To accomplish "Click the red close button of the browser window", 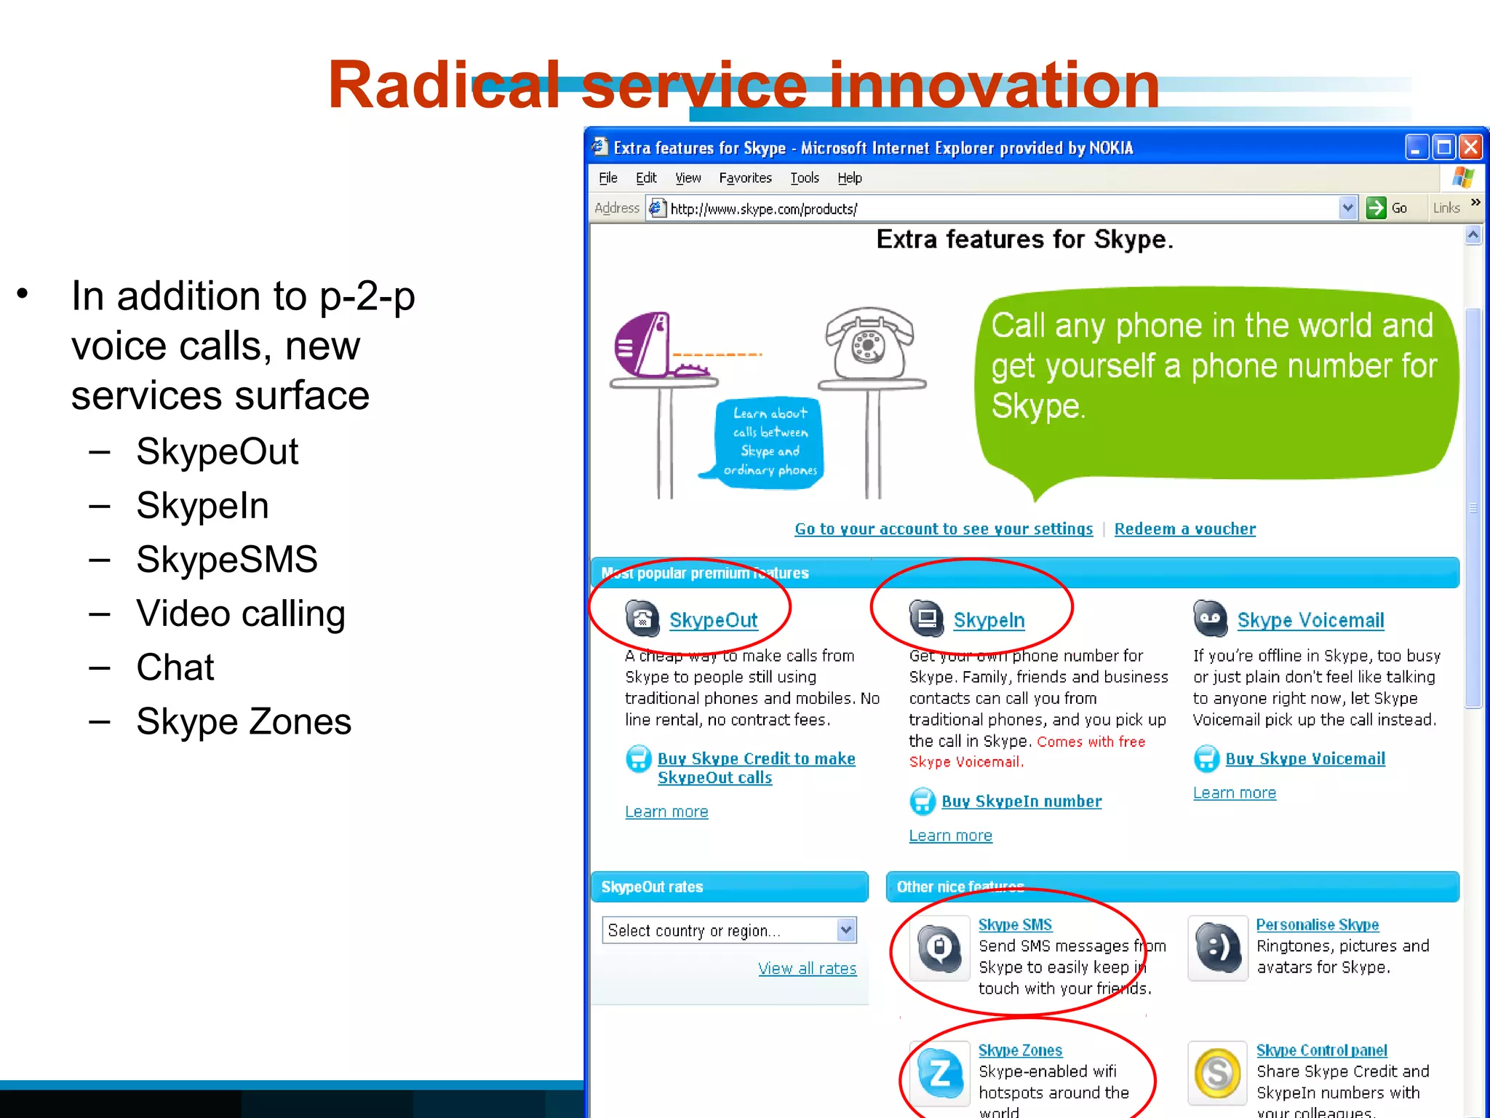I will (x=1470, y=148).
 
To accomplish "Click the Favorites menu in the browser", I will (x=745, y=178).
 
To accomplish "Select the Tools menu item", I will (x=805, y=178).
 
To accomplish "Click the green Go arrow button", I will (x=1376, y=208).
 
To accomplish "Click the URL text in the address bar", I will (x=763, y=210).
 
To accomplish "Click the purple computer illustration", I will (x=644, y=346).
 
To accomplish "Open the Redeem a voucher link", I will (x=1184, y=529).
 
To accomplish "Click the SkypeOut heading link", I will (x=713, y=620).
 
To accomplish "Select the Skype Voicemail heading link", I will (x=1310, y=620).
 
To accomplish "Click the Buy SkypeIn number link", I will (x=1021, y=801).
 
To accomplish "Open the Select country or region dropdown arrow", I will (x=845, y=930).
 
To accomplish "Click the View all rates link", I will (x=807, y=969).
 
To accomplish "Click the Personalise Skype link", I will (x=1317, y=925).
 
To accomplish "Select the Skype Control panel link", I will (x=1321, y=1050).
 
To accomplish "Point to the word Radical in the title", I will (x=444, y=85).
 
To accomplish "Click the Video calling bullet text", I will (x=241, y=614).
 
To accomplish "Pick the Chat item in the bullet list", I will (x=175, y=667).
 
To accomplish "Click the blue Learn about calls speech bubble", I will (x=770, y=443).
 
